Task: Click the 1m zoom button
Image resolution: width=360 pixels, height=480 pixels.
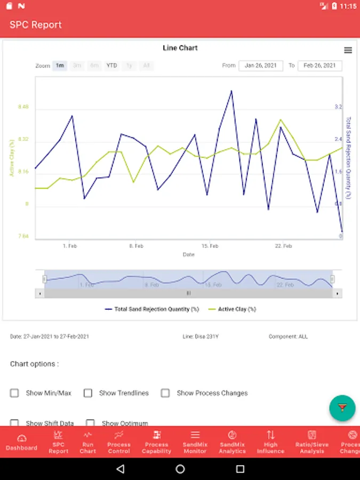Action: (60, 66)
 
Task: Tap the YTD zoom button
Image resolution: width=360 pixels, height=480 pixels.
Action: (111, 66)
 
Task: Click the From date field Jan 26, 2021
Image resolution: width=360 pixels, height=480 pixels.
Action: (261, 66)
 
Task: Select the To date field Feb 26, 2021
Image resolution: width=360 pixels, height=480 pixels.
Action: (319, 66)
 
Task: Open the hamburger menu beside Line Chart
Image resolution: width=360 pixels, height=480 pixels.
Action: (348, 50)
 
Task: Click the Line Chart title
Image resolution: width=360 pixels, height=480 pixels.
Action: (180, 48)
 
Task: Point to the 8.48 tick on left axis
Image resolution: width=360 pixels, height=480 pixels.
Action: (23, 107)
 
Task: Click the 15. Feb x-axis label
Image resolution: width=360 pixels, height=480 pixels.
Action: (210, 246)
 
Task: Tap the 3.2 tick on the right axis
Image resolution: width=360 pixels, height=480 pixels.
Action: (338, 107)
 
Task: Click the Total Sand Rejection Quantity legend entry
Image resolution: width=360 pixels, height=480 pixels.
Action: (152, 309)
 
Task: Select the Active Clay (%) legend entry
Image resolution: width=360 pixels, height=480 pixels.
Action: (232, 309)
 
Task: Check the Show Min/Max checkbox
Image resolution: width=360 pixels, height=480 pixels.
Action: (14, 393)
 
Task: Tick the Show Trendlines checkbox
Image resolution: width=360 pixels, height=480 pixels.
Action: (88, 393)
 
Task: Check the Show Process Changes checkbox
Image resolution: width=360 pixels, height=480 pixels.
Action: (165, 393)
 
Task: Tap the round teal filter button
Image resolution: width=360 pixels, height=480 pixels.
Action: (342, 408)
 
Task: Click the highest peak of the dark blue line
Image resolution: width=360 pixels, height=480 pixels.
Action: (231, 91)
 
